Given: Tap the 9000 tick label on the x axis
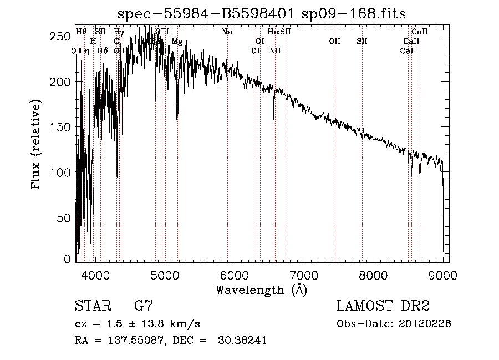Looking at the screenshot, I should [x=442, y=275].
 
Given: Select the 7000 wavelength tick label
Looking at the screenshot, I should [x=303, y=275].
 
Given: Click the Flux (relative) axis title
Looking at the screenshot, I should [x=37, y=146].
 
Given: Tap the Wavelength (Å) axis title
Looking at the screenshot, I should [x=261, y=290].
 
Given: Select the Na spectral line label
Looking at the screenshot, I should [x=227, y=32].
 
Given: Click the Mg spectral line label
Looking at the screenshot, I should [x=177, y=42].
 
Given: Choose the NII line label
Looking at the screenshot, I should [x=275, y=51].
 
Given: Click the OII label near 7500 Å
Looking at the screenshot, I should [x=334, y=42].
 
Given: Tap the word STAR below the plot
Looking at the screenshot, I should [x=93, y=306].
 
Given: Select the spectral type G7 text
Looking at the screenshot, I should [x=143, y=306].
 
